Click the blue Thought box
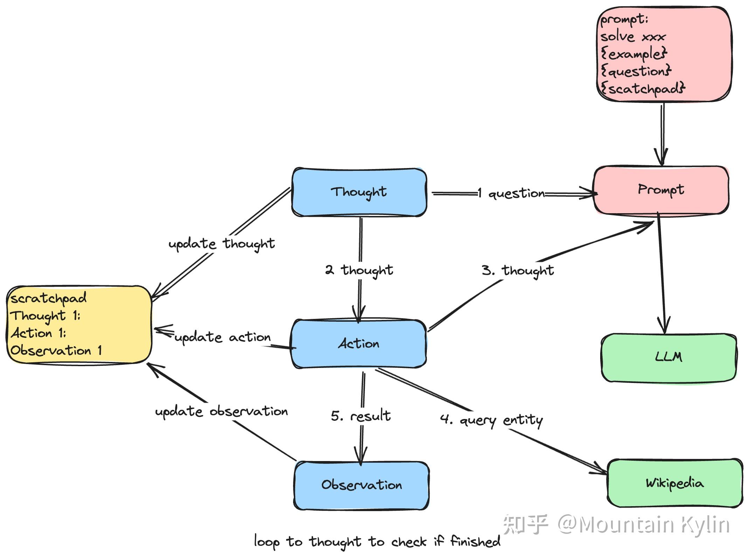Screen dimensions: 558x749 point(359,192)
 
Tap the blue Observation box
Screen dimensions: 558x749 point(361,485)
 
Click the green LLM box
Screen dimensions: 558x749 point(668,357)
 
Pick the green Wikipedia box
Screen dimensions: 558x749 point(674,483)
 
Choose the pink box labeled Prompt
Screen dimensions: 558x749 point(661,189)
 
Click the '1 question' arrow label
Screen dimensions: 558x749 point(511,193)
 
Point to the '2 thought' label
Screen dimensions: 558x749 point(359,270)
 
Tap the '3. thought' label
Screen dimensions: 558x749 point(518,270)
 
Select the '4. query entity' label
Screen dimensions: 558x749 point(491,419)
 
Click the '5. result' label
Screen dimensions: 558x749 point(361,416)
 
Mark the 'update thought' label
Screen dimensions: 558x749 point(221,244)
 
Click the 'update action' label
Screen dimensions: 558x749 point(222,337)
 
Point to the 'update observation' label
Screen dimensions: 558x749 point(221,411)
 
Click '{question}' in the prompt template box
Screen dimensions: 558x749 point(636,71)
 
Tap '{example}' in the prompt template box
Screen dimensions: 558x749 point(634,54)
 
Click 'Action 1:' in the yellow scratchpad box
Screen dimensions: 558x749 point(39,333)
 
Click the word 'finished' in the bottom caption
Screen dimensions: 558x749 point(475,542)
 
